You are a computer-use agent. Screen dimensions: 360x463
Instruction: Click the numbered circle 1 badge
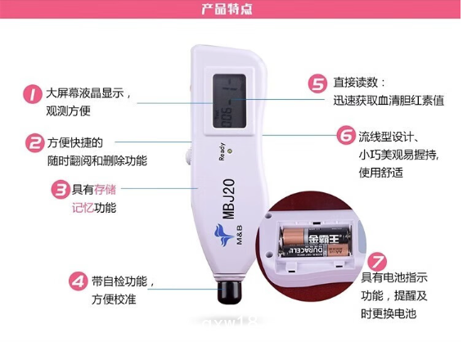(33, 94)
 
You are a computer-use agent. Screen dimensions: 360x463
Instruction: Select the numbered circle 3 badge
(60, 191)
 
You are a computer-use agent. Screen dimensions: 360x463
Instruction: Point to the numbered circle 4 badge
(77, 281)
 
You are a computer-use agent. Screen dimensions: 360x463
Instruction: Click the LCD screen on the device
(230, 101)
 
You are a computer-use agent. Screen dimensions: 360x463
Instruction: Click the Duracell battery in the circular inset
(314, 243)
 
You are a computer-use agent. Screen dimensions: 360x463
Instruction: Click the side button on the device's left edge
(189, 153)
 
